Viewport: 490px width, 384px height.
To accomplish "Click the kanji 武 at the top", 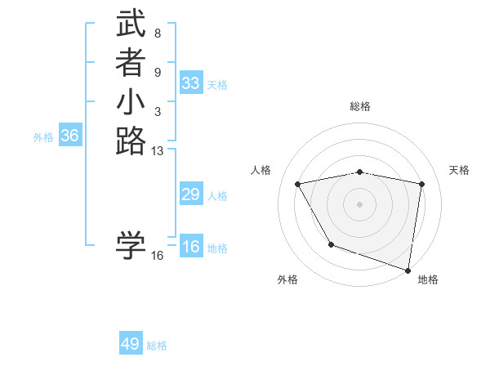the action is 131,25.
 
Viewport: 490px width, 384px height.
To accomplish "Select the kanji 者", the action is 131,64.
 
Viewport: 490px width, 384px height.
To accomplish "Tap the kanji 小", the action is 131,103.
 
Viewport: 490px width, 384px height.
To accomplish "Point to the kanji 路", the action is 131,142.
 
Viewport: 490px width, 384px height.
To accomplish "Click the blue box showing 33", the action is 191,83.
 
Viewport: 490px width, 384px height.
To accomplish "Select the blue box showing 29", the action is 191,194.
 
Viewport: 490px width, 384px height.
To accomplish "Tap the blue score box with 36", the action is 69,136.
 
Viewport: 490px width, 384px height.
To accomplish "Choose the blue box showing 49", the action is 131,344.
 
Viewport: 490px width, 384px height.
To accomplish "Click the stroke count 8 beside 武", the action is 157,33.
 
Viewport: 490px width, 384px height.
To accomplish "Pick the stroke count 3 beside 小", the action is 157,111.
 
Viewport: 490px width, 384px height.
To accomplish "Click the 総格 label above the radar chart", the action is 360,106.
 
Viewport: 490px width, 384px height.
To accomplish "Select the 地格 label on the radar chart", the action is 428,279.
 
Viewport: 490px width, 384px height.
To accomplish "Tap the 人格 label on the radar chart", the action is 261,170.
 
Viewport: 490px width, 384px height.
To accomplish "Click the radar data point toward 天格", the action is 421,184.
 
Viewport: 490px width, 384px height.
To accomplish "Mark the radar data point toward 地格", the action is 408,269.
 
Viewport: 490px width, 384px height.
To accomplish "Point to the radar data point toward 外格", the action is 331,244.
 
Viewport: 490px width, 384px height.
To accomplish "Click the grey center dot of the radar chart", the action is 360,203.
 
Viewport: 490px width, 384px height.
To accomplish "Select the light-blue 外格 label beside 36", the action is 43,137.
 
